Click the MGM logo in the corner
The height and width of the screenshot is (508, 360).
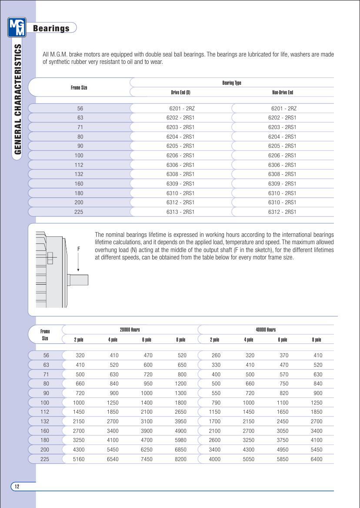(17, 27)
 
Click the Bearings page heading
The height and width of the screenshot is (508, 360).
(51, 28)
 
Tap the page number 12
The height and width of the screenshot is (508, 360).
(17, 486)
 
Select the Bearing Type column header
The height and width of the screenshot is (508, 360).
(232, 83)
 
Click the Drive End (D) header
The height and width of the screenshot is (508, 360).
(180, 92)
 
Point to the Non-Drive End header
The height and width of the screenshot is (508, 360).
(282, 92)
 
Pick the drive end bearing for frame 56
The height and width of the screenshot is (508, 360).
(182, 109)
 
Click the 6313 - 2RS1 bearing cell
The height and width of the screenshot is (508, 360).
(180, 212)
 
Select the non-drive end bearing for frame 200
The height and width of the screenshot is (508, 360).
(282, 203)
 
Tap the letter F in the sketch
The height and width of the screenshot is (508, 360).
(79, 249)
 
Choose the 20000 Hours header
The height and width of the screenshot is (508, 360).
(130, 330)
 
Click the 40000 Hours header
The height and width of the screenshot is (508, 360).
(266, 330)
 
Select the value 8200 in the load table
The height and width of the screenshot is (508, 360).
(180, 459)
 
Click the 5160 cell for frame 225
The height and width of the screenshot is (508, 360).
(79, 459)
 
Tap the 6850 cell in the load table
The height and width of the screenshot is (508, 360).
(180, 450)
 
